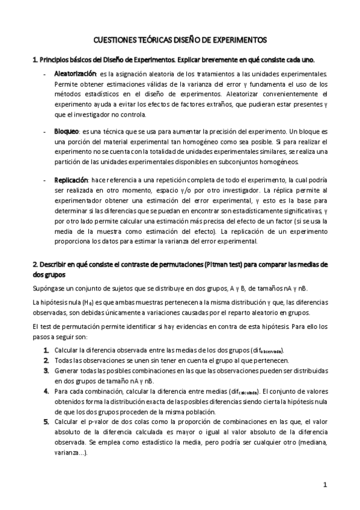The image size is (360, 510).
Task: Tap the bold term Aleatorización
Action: click(x=75, y=73)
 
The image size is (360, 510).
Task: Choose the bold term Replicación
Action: click(x=71, y=180)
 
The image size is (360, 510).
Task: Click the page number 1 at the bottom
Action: click(x=324, y=484)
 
